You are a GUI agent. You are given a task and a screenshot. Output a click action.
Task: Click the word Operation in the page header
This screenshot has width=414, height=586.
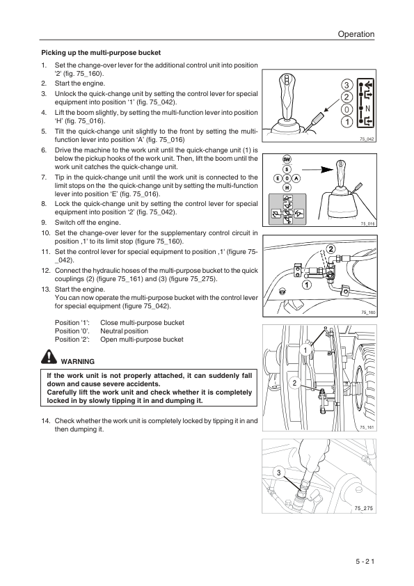click(355, 34)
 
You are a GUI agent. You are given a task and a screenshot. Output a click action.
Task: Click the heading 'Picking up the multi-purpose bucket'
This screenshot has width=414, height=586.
click(101, 52)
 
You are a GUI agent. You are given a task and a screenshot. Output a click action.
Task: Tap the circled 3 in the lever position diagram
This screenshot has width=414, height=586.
click(346, 85)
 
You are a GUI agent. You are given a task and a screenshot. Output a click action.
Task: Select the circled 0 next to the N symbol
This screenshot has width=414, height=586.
click(346, 110)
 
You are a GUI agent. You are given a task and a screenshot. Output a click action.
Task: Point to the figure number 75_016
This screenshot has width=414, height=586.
click(367, 223)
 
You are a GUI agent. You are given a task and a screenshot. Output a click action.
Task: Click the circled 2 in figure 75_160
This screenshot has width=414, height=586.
click(330, 249)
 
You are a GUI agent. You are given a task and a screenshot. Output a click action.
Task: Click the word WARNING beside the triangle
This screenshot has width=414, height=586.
click(77, 361)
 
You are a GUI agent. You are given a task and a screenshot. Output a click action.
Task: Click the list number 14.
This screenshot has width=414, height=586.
click(46, 421)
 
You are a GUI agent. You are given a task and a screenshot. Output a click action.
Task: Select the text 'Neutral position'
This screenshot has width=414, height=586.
click(125, 331)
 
